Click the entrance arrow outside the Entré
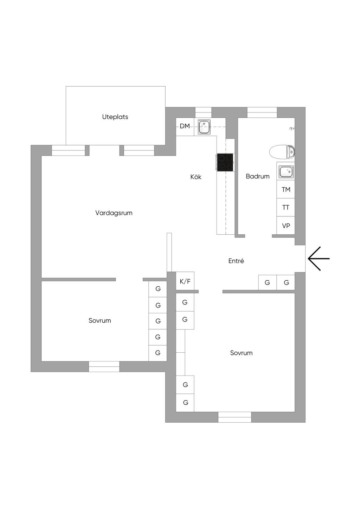(x=319, y=259)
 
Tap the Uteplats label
(x=115, y=117)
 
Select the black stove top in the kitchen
(x=225, y=162)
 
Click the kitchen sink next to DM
(x=204, y=127)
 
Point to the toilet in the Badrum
(x=282, y=152)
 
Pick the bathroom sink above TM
(x=285, y=172)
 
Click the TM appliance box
(x=286, y=190)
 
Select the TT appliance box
(x=286, y=208)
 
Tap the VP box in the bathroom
(x=286, y=226)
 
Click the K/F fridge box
(x=185, y=281)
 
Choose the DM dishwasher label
(x=185, y=126)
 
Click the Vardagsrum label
(x=114, y=213)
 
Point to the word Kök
(x=196, y=177)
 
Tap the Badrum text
(x=258, y=176)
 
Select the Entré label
(x=236, y=261)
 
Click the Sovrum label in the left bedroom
(x=100, y=321)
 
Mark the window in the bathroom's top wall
(x=262, y=112)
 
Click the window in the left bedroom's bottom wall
(x=104, y=366)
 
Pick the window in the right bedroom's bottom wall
(x=234, y=417)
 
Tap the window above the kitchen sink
(x=203, y=112)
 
